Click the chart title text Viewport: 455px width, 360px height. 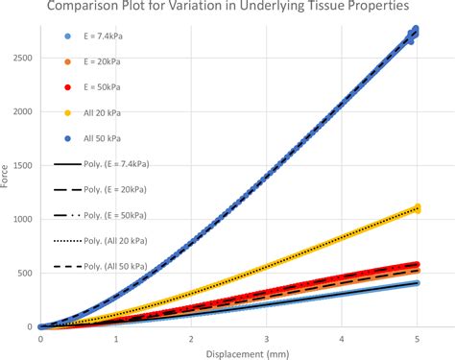(227, 12)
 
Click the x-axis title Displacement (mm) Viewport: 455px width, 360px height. (228, 351)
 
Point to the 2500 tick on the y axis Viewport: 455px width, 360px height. (22, 58)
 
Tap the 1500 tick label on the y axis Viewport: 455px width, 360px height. (22, 165)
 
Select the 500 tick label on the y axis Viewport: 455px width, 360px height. (26, 273)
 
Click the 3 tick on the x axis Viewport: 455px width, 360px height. (266, 338)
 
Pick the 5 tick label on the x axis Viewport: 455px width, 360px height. (417, 338)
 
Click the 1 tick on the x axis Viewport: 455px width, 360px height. (115, 338)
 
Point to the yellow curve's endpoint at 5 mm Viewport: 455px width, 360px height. (416, 208)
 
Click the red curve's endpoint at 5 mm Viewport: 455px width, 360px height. (416, 264)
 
